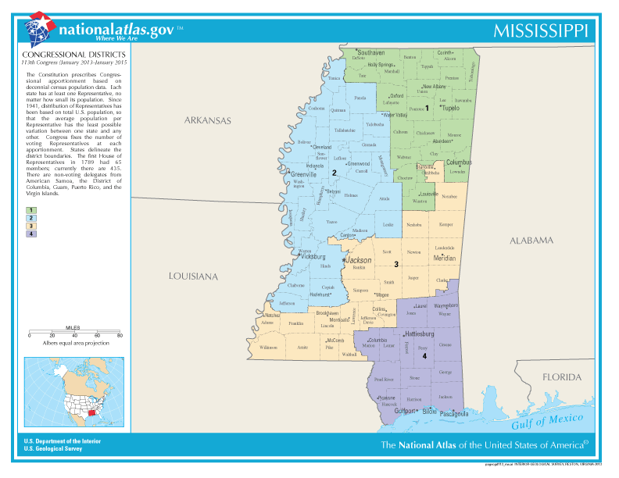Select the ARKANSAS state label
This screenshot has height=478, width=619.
click(x=208, y=121)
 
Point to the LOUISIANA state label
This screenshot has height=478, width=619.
click(x=194, y=276)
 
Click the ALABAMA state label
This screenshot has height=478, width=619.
click(x=531, y=241)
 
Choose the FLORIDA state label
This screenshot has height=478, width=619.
click(x=562, y=377)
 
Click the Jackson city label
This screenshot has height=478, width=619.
click(x=359, y=259)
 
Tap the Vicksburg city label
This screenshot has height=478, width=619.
click(x=313, y=256)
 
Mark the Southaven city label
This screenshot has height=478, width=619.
click(x=371, y=52)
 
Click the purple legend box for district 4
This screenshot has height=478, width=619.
click(x=30, y=234)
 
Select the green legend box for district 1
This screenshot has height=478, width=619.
click(x=30, y=210)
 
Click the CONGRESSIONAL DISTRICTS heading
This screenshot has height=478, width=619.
click(x=59, y=54)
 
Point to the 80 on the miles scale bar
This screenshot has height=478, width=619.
click(x=120, y=335)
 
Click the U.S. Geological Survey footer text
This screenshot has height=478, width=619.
click(x=53, y=448)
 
